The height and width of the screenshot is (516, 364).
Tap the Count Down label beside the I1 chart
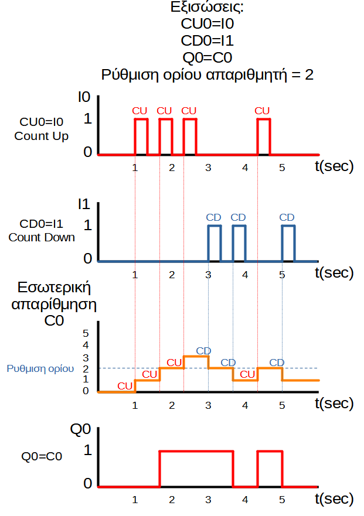[42, 237]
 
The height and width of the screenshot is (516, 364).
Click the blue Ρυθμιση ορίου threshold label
[40, 369]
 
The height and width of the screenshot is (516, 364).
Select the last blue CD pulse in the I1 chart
[288, 242]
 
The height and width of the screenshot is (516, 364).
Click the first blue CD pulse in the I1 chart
[215, 242]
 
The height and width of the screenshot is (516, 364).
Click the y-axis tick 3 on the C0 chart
[85, 357]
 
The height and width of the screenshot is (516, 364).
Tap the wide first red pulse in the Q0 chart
[196, 468]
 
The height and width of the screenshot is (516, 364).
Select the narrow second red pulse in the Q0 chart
[270, 468]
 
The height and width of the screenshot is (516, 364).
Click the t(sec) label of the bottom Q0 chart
[335, 499]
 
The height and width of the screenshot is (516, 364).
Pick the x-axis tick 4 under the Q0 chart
[245, 500]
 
